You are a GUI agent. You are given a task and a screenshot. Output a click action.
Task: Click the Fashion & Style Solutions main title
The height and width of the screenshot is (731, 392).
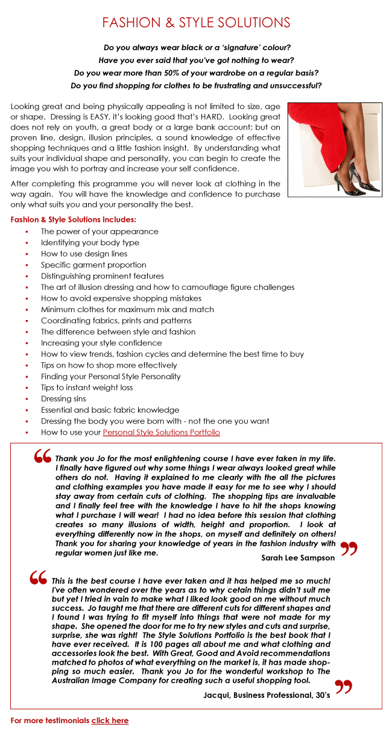(196, 23)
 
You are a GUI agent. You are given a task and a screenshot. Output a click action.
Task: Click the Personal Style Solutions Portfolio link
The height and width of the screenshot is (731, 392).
(161, 432)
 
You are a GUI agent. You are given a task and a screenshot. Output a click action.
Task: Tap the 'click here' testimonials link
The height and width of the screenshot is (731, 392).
(110, 720)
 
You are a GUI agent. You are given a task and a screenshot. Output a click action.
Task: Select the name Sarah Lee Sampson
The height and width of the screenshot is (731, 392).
(298, 557)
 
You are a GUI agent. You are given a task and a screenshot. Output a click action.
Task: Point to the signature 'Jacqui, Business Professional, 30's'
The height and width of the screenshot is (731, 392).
(266, 695)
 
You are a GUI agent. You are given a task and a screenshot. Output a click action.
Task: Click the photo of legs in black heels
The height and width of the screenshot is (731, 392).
(334, 150)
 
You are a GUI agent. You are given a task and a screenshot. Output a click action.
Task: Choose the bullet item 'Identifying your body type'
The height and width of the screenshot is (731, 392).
(90, 242)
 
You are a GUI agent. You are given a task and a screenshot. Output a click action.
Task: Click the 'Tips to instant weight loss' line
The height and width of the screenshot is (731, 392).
(87, 387)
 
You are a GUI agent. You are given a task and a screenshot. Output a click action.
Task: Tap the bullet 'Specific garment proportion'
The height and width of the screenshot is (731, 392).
(93, 265)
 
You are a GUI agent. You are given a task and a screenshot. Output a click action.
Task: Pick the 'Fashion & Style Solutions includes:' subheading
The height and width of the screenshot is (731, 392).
(73, 219)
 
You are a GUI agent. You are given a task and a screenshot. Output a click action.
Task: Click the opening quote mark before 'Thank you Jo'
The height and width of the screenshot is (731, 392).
(43, 457)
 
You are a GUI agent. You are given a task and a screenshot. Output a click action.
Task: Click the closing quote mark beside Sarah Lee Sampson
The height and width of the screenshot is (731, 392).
(349, 548)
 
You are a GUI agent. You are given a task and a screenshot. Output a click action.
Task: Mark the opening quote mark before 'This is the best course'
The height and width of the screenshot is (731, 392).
(39, 578)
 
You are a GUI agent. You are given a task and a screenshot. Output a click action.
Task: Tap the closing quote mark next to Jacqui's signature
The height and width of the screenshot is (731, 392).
(343, 686)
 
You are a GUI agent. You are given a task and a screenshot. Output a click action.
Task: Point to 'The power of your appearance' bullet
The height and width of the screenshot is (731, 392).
(100, 231)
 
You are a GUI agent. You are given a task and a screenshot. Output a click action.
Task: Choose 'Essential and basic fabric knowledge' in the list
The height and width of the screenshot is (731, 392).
(110, 410)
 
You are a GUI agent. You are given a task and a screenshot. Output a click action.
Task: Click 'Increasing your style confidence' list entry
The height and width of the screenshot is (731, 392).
(101, 343)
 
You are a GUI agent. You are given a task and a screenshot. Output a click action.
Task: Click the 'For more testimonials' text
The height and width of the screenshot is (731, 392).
(50, 720)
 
